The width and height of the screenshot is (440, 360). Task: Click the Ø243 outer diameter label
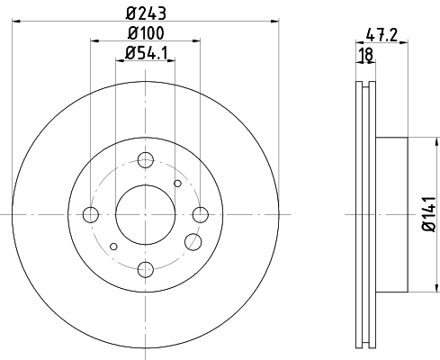[146, 12]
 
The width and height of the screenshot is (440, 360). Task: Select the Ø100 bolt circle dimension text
[146, 34]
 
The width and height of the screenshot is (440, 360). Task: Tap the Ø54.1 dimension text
[146, 55]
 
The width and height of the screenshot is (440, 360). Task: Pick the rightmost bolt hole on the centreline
[201, 214]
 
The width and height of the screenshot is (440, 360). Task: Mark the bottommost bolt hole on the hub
[146, 268]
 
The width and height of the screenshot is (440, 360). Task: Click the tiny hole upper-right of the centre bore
[177, 184]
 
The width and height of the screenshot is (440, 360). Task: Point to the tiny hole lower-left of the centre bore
[113, 246]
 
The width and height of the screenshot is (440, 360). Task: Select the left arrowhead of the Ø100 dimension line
[94, 41]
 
